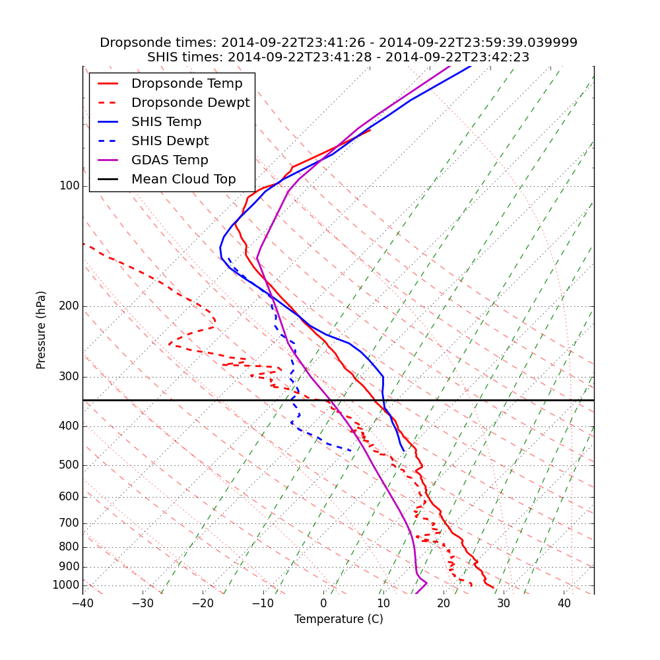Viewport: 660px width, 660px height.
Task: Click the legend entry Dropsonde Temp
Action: coord(187,84)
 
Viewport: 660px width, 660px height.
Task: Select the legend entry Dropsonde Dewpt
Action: coord(190,103)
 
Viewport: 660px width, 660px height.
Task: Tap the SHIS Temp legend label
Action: coord(166,122)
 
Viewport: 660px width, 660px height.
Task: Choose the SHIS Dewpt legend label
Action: coord(170,141)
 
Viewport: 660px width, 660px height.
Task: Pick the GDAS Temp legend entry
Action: coord(170,160)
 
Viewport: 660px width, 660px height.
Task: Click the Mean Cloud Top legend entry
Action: coord(183,180)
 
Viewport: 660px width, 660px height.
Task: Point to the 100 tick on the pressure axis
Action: coord(69,186)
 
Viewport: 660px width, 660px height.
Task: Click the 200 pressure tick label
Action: coord(69,306)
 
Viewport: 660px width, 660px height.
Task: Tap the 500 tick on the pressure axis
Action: coord(69,465)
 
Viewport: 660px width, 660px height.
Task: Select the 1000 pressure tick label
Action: coord(66,585)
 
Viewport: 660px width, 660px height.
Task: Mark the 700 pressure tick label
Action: coord(69,523)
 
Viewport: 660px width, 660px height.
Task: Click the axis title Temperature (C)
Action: coord(339,619)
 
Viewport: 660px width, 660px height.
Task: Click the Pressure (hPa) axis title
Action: coord(42,330)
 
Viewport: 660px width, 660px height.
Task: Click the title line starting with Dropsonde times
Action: coord(339,43)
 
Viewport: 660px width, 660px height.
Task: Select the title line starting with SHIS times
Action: coord(339,57)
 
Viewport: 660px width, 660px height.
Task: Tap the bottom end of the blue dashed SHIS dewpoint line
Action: coord(350,450)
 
